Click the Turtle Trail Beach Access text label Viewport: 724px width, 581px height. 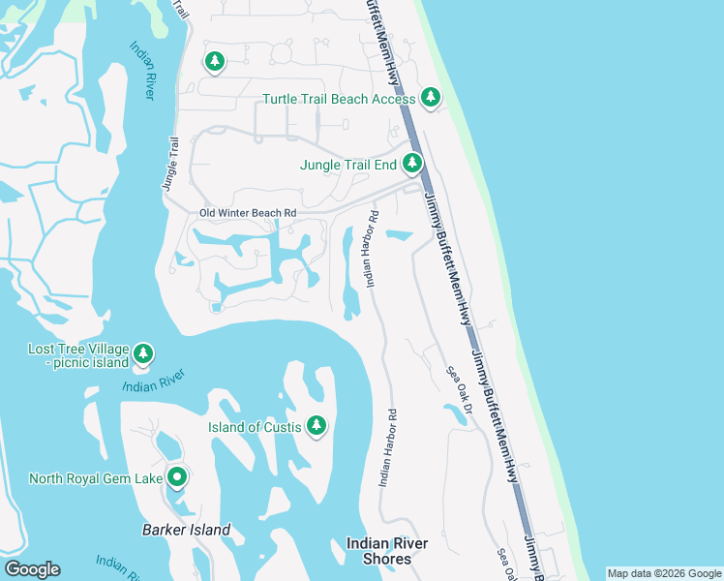[x=339, y=99]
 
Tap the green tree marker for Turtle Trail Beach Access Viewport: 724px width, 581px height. [x=431, y=98]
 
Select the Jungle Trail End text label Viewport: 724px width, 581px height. [x=347, y=165]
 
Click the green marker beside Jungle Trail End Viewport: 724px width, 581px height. [x=413, y=164]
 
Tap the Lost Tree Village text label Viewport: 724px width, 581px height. [x=78, y=348]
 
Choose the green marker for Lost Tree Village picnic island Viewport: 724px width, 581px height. [x=143, y=354]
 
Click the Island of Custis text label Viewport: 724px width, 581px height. [x=255, y=427]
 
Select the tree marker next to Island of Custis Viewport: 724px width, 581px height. [x=316, y=425]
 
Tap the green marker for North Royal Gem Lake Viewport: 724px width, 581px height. [x=177, y=476]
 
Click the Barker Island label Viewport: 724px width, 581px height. [x=186, y=530]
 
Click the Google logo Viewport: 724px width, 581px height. [x=32, y=569]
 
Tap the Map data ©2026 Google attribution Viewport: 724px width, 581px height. [x=664, y=573]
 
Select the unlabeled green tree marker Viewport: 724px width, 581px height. [x=214, y=62]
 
